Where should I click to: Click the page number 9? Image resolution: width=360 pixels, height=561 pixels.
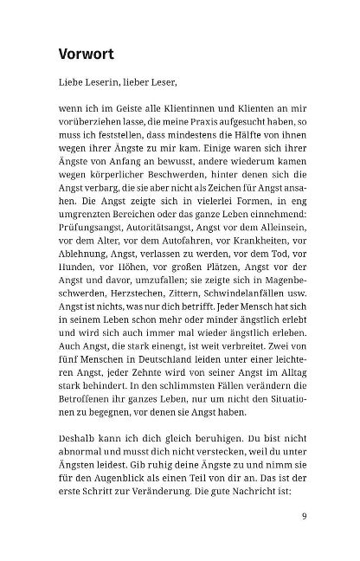coord(305,519)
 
